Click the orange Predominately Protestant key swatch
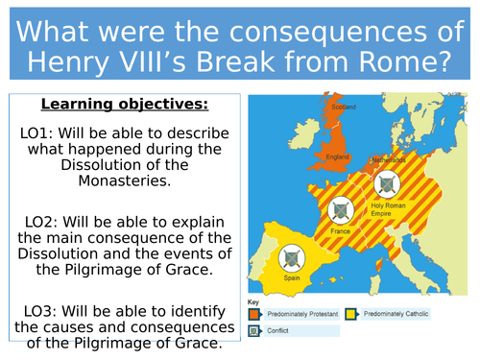255,313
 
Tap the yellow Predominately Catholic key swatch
352,313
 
